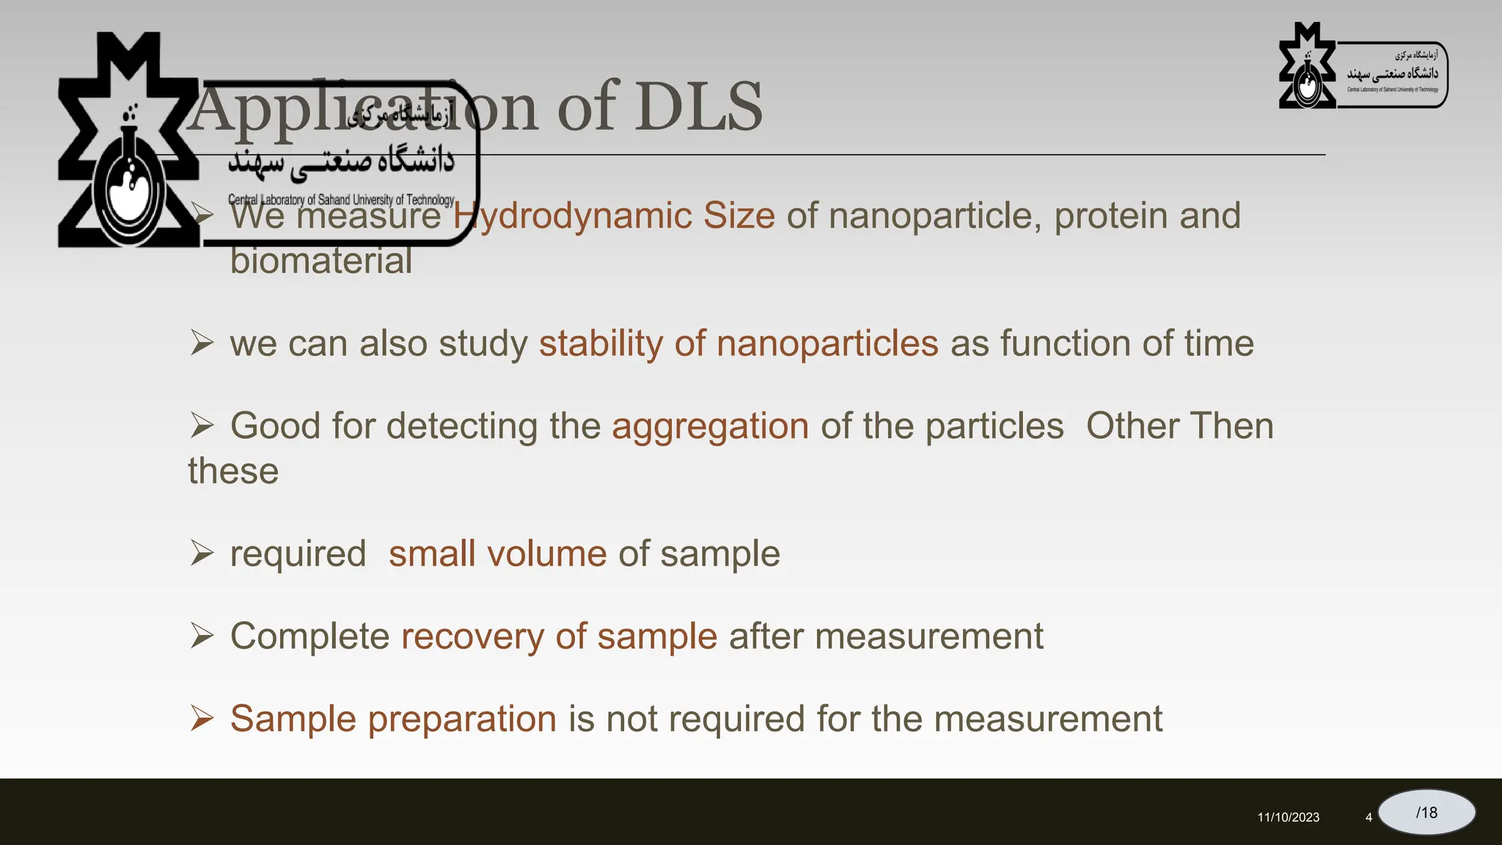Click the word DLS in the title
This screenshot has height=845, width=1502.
click(697, 107)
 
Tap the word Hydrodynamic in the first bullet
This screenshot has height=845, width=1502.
click(571, 216)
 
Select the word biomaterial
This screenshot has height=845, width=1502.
click(320, 260)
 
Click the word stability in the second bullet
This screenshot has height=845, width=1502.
click(601, 343)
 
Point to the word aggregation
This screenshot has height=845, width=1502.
click(710, 426)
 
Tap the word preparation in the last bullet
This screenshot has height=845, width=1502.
click(462, 719)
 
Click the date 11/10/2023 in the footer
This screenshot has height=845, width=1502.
click(1288, 817)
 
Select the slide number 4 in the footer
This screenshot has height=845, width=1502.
click(1369, 817)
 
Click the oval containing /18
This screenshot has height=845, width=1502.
click(1426, 812)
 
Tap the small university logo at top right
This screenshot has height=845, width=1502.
click(1363, 67)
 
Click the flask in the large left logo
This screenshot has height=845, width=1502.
click(129, 187)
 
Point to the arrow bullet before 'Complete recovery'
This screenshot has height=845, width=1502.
click(202, 635)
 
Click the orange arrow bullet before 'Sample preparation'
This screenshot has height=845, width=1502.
click(202, 718)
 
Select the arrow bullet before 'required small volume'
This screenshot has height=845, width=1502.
click(202, 553)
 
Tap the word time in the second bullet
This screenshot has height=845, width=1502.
click(1219, 343)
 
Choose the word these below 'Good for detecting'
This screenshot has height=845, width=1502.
click(233, 471)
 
